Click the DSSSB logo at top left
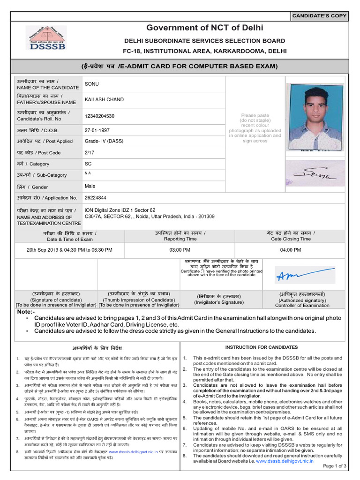coord(45,38)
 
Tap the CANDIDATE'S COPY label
coord(319,16)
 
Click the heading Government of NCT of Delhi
coord(205,28)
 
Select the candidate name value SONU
coord(91,84)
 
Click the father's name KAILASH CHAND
coord(104,100)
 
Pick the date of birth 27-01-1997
coord(97,129)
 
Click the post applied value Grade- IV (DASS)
coord(104,141)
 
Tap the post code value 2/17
coord(89,152)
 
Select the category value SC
coord(88,164)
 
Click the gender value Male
coord(90,186)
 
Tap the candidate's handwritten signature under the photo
coord(315,175)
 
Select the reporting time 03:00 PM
coord(180,250)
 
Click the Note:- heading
coord(26,312)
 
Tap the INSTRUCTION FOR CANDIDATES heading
coord(262,347)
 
